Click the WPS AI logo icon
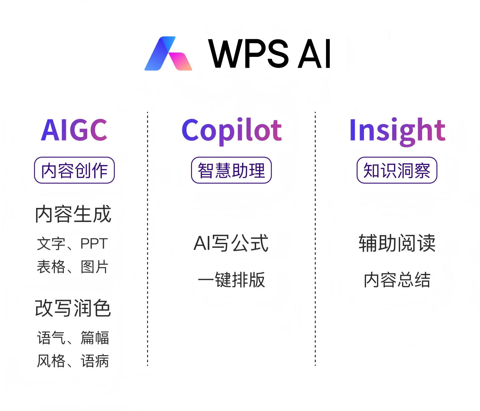(168, 54)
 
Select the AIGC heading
(74, 130)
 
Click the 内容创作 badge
(74, 170)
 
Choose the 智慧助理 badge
(231, 170)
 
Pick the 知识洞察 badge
(397, 170)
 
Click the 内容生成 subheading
(73, 214)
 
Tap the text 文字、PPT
(73, 243)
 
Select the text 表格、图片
(73, 267)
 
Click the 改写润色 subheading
(73, 308)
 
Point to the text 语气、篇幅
(73, 338)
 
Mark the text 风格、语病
(73, 361)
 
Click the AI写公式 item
(231, 243)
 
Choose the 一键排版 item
(231, 280)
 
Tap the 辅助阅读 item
(397, 243)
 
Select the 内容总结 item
(397, 280)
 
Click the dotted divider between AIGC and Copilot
(148, 239)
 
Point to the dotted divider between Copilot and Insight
(315, 239)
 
